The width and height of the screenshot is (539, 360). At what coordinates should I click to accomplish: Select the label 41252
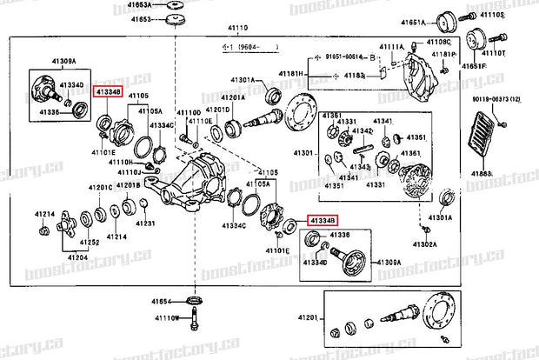point(90,243)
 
